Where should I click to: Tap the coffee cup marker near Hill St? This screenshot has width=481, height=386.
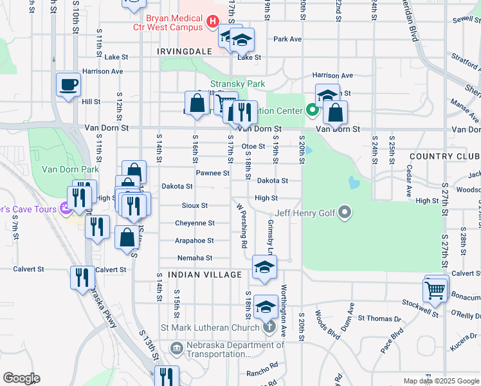[68, 85]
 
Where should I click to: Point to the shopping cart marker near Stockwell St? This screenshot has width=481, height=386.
[435, 289]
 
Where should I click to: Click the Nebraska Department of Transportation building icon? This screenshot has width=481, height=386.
[177, 348]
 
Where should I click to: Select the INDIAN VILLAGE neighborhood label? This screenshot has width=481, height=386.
[204, 275]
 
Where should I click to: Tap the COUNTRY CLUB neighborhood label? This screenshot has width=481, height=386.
[444, 157]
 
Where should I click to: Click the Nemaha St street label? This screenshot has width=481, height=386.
[195, 258]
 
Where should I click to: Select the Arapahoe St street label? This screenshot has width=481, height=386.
[194, 241]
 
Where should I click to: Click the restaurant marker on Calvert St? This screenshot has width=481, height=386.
[82, 278]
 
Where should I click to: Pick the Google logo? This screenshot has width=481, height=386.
[21, 378]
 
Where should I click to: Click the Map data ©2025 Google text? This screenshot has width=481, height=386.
[440, 381]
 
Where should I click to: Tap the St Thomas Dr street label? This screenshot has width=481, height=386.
[379, 318]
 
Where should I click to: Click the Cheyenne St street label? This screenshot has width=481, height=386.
[195, 223]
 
